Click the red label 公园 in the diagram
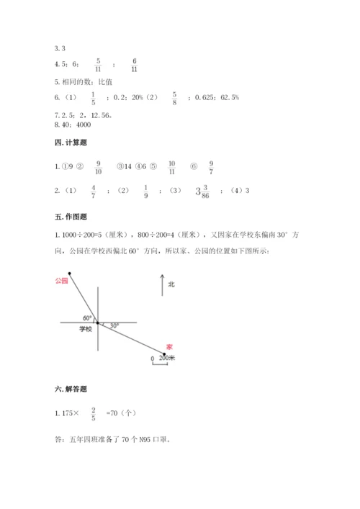[60, 280]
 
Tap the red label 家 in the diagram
[168, 346]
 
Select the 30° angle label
[114, 325]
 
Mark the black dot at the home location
[163, 353]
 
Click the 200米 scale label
[166, 357]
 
